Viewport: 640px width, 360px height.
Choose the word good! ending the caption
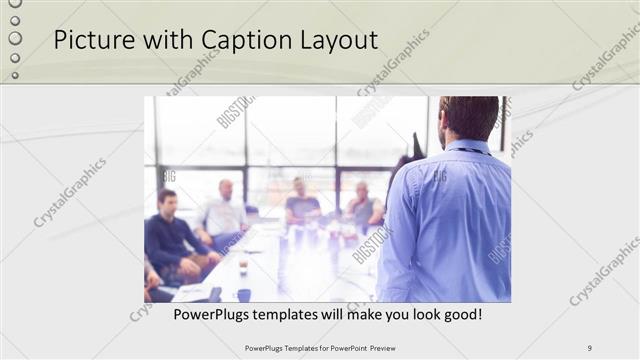pyautogui.click(x=461, y=314)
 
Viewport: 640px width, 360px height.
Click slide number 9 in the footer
pyautogui.click(x=589, y=348)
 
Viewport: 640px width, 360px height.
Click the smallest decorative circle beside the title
pyautogui.click(x=14, y=75)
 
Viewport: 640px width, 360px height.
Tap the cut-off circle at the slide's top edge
pyautogui.click(x=14, y=3)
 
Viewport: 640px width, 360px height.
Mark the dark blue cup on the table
pyautogui.click(x=243, y=294)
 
